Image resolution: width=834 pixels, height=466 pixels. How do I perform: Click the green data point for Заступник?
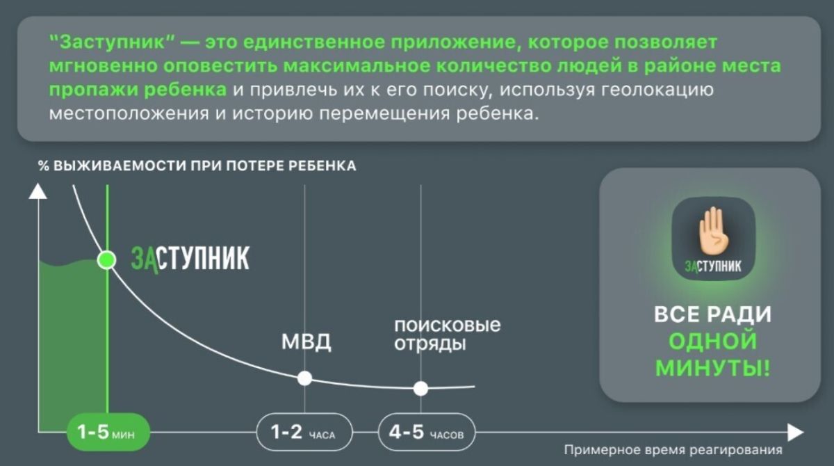tap(107, 259)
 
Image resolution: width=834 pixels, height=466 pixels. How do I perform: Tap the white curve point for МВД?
tap(304, 378)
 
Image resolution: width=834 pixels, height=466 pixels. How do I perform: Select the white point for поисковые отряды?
tap(420, 389)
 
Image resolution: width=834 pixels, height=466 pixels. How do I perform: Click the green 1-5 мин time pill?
tap(108, 432)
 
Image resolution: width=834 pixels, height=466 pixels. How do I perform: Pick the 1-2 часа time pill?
tap(304, 432)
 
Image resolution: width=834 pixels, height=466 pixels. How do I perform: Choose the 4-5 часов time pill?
tap(427, 432)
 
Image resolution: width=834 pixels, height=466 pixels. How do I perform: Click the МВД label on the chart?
tap(306, 342)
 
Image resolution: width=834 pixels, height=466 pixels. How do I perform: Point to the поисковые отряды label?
tap(448, 335)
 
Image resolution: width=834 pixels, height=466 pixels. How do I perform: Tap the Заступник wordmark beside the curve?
tap(190, 259)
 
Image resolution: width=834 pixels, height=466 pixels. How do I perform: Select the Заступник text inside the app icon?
tap(713, 266)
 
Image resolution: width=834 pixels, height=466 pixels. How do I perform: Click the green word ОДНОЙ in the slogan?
tap(713, 341)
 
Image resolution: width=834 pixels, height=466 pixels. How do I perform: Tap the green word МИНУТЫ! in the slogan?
tap(713, 368)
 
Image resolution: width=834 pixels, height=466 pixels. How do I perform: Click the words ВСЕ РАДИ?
tap(713, 314)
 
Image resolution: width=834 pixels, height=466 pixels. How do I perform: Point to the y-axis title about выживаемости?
tap(197, 166)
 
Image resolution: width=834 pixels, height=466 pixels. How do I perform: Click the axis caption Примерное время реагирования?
tap(673, 450)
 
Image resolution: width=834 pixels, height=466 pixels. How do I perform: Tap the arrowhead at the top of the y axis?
tap(38, 191)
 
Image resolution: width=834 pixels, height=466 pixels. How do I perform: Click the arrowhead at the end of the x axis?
tap(796, 433)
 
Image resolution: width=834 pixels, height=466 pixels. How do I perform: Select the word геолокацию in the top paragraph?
tap(657, 90)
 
